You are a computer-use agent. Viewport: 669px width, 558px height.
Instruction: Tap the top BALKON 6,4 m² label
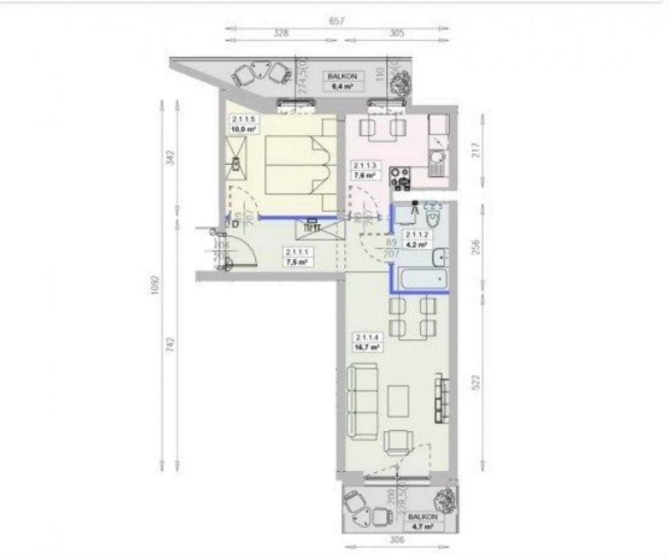point(341,81)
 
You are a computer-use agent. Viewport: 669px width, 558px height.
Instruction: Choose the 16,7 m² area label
point(368,348)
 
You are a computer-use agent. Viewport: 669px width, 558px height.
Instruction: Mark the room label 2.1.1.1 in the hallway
point(296,252)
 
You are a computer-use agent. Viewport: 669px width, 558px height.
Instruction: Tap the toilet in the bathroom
point(432,215)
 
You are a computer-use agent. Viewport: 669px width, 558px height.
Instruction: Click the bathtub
point(421,279)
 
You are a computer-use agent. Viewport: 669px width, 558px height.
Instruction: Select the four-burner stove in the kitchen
point(400,177)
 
